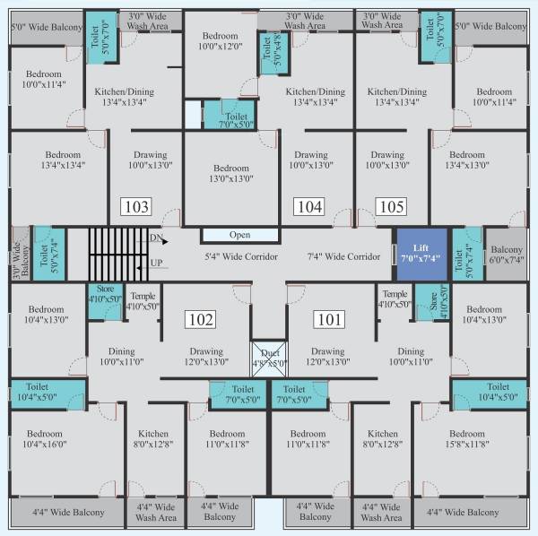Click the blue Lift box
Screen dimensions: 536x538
coord(421,252)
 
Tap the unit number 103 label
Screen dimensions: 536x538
coord(135,207)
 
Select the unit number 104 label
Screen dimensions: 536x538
coord(308,207)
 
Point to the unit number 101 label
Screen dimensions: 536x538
coord(328,319)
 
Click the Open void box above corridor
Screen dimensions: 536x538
coord(239,235)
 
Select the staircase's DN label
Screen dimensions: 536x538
coord(155,238)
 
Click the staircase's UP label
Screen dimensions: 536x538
coord(155,264)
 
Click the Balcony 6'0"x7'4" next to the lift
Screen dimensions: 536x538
coord(507,255)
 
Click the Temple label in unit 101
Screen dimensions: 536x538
coord(395,299)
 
